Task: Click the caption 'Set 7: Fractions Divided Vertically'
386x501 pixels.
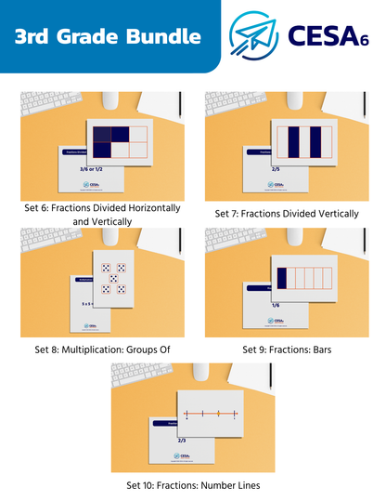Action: pyautogui.click(x=287, y=214)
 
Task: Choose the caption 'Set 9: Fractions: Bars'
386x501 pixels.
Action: pyautogui.click(x=287, y=349)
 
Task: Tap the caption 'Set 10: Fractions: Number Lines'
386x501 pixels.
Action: pyautogui.click(x=193, y=485)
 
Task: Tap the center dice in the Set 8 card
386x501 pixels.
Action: pyautogui.click(x=112, y=278)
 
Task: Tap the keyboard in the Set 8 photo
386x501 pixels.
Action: pyautogui.click(x=42, y=237)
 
